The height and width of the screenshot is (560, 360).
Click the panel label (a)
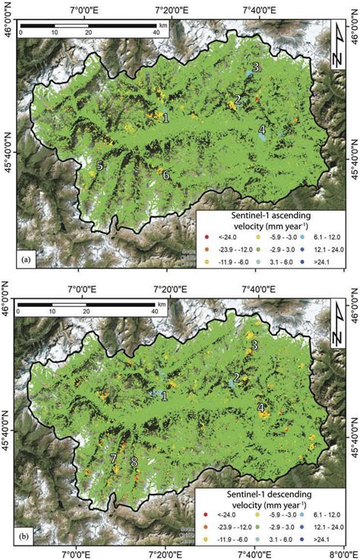point(27,260)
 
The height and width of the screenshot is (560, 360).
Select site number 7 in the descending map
point(113,458)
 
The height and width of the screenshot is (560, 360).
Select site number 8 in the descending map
point(134,461)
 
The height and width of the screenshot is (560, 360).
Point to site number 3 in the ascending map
point(256,68)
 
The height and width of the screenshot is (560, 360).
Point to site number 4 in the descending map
point(261,408)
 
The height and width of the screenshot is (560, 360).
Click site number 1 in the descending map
point(164,394)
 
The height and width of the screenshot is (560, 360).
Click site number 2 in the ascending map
point(238,100)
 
